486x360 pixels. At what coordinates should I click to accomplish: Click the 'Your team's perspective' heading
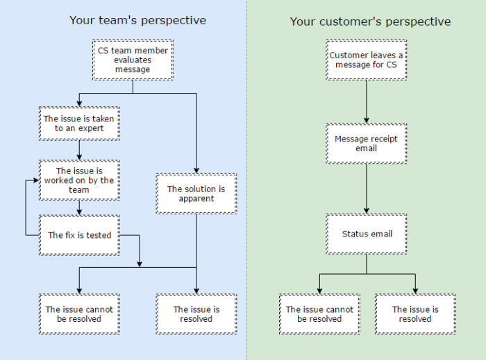[137, 20]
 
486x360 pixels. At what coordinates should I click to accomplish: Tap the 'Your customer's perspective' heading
[370, 22]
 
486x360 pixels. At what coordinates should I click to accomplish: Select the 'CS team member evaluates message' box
[133, 60]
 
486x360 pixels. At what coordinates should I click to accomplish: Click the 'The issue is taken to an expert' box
[79, 123]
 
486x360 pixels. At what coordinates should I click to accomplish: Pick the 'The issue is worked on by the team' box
[79, 180]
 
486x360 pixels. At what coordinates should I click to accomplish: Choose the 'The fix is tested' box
[79, 235]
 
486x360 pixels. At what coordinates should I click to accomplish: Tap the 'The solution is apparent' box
[196, 194]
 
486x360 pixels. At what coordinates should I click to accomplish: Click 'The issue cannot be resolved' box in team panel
[79, 314]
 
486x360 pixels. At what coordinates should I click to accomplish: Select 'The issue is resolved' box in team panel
[196, 314]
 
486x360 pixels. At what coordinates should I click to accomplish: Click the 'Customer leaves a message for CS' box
[367, 60]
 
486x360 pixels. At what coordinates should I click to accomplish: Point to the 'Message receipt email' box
[367, 144]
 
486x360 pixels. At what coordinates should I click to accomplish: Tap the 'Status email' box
[367, 234]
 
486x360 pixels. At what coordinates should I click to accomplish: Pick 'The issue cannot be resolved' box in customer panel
[319, 314]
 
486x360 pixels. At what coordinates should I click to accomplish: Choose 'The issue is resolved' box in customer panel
[415, 314]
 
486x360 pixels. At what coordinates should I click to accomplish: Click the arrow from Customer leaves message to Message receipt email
[367, 102]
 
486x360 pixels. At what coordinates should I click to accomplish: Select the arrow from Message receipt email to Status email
[367, 189]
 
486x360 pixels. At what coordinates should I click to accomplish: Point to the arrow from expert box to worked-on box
[79, 151]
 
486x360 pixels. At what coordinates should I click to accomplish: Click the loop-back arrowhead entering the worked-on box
[36, 180]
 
